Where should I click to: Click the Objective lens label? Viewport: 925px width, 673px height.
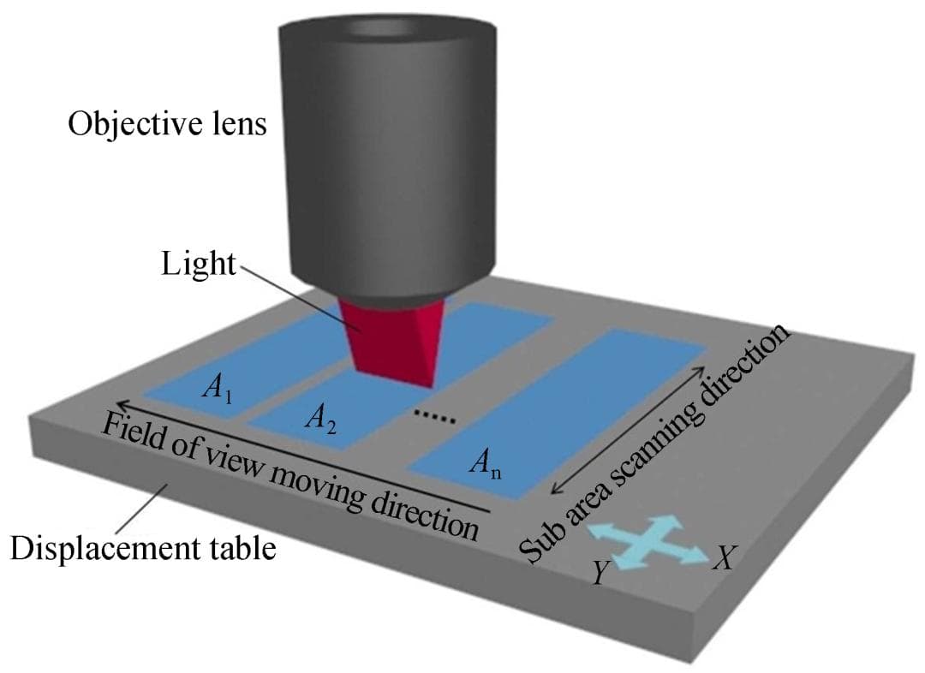(167, 125)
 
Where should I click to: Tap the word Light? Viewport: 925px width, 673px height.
(197, 264)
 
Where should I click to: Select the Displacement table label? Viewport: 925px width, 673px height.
(143, 548)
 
